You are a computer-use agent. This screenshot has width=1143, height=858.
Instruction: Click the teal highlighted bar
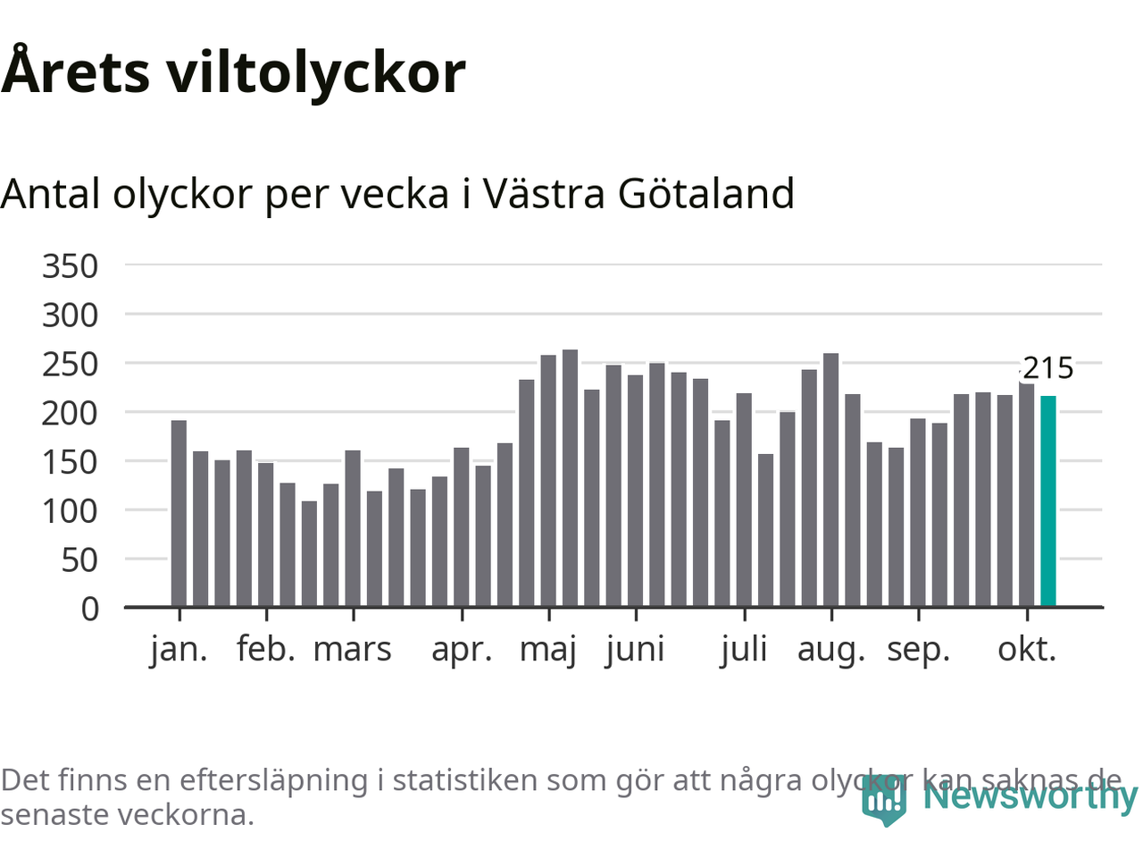click(1048, 500)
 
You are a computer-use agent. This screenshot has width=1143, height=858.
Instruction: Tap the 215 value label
click(1047, 368)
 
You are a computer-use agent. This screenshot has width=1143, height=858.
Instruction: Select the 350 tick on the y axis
click(70, 266)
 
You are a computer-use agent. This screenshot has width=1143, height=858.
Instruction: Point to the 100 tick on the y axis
click(70, 511)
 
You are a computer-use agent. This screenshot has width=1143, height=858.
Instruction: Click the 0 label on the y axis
click(90, 610)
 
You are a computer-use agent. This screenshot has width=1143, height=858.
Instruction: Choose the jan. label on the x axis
click(179, 650)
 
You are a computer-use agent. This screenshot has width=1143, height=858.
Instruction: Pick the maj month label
click(548, 650)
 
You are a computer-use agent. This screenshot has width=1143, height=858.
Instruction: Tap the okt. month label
click(1027, 650)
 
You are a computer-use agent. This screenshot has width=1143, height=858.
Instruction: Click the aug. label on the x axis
click(831, 650)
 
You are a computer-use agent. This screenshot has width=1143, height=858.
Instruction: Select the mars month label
click(353, 650)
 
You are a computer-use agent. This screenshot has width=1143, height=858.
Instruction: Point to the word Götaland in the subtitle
click(705, 194)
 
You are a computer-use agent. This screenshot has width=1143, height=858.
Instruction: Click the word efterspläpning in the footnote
click(273, 780)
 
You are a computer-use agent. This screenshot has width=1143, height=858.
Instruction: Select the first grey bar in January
click(179, 513)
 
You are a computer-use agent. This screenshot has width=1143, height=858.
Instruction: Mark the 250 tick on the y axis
click(70, 365)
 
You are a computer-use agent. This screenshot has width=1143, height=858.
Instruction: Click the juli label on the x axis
click(744, 650)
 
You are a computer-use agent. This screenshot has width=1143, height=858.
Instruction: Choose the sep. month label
click(918, 650)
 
